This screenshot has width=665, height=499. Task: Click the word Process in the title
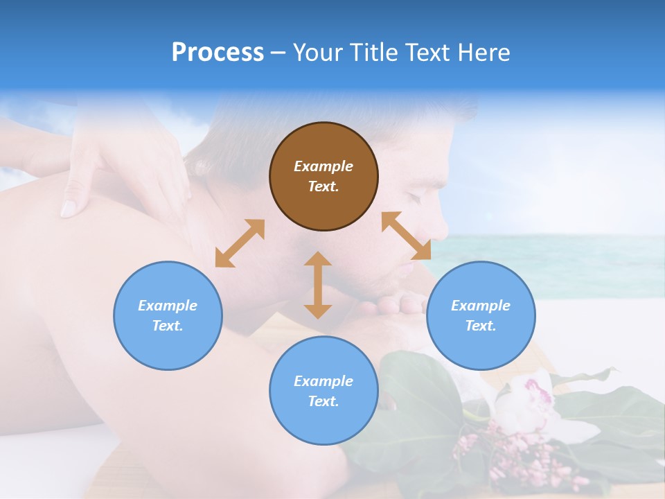[x=218, y=53]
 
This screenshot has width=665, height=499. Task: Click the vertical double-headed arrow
[x=318, y=285]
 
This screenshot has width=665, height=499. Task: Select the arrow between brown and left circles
[x=240, y=243]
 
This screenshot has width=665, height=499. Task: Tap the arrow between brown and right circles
[x=407, y=236]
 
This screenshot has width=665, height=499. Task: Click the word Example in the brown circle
[x=323, y=166]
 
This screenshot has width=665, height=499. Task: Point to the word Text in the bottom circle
[x=323, y=401]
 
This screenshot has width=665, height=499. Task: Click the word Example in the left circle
[x=168, y=306]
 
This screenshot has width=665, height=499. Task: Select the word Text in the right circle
[x=481, y=326]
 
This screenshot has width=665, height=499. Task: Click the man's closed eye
[x=414, y=196]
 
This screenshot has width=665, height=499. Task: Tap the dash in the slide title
[x=278, y=53]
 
